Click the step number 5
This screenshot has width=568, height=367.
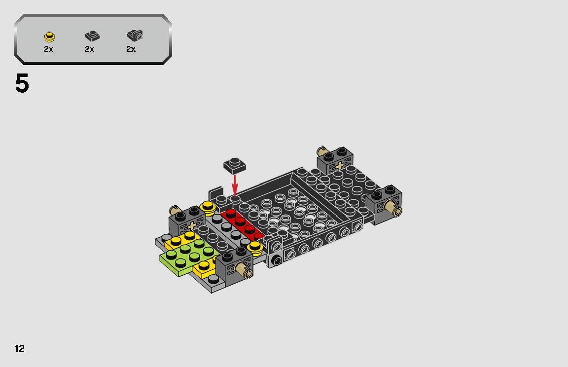pyautogui.click(x=22, y=84)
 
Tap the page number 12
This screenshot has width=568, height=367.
pyautogui.click(x=20, y=349)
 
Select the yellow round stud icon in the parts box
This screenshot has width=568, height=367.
pyautogui.click(x=49, y=36)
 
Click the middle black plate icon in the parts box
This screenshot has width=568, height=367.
pyautogui.click(x=92, y=36)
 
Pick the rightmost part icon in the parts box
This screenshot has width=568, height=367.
pyautogui.click(x=134, y=35)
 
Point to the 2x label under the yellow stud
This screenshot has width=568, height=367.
pyautogui.click(x=48, y=49)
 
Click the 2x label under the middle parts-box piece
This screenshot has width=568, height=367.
pyautogui.click(x=89, y=49)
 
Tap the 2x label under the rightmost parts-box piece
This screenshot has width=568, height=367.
pyautogui.click(x=131, y=49)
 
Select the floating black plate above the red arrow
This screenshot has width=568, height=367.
pyautogui.click(x=235, y=165)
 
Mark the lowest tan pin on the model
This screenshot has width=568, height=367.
pyautogui.click(x=244, y=269)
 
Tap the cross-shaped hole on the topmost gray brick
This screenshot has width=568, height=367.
pyautogui.click(x=340, y=166)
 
